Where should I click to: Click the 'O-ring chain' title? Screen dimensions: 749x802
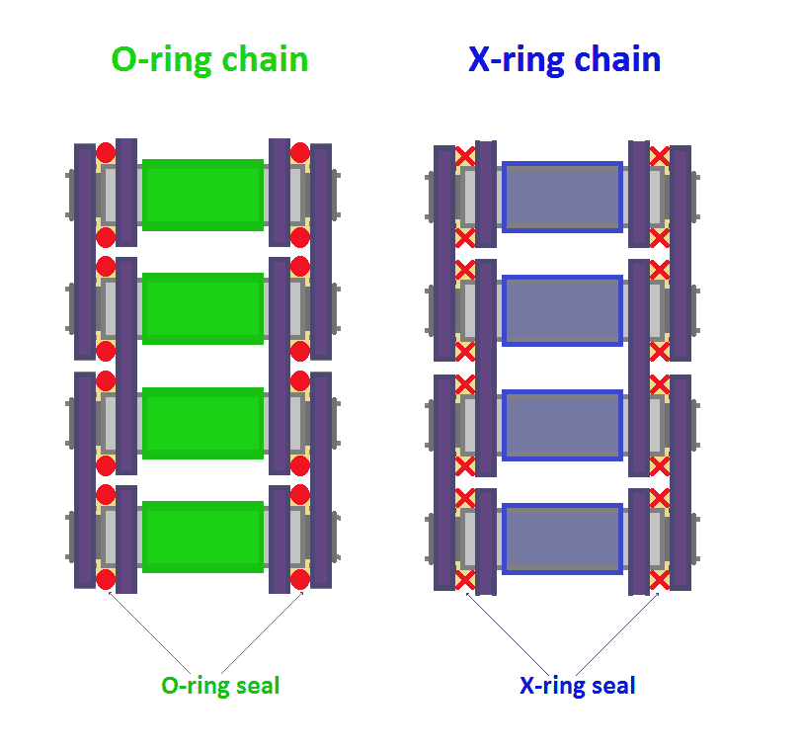209,60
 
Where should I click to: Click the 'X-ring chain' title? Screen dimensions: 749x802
564,60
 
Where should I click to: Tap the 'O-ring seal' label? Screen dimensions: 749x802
220,685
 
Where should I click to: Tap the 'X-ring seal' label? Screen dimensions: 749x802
578,685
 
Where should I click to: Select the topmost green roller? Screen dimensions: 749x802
202,195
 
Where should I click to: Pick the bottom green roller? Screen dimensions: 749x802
202,537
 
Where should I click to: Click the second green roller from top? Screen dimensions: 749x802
202,308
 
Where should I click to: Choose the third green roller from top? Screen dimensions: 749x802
202,423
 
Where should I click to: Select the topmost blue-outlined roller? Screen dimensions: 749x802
563,197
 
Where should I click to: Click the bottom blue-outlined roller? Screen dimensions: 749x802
563,539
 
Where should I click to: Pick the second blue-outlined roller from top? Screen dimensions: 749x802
563,310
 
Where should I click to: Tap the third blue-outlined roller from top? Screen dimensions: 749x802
563,425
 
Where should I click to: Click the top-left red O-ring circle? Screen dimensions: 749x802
106,152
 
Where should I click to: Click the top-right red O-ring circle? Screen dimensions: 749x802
300,152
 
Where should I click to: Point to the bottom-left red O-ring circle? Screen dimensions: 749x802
106,579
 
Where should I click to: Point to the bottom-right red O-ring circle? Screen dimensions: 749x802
300,579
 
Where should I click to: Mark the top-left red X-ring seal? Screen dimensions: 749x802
465,155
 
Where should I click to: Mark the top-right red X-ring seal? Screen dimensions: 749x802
660,155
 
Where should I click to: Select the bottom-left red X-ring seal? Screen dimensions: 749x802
465,580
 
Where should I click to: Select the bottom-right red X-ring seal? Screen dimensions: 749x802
660,580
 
